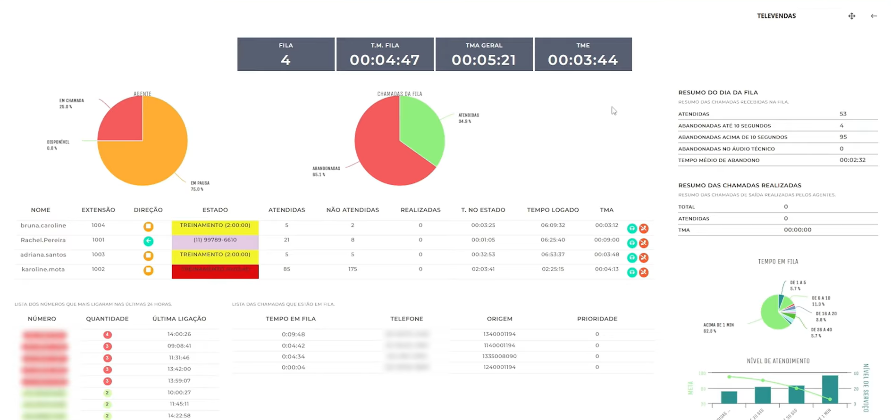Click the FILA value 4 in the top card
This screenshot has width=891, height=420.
click(x=286, y=60)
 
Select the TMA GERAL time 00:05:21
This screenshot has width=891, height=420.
click(x=484, y=60)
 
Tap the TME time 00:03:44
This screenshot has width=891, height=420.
click(x=583, y=60)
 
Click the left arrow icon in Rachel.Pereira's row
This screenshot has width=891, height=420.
click(x=148, y=241)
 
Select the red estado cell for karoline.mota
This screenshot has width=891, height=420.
click(x=215, y=272)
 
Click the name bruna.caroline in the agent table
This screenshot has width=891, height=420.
click(x=43, y=225)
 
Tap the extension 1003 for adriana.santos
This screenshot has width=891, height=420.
click(x=98, y=255)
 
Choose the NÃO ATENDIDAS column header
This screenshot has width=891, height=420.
click(x=353, y=210)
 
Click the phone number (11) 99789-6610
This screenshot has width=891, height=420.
click(x=215, y=240)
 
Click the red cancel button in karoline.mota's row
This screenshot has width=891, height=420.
click(x=644, y=272)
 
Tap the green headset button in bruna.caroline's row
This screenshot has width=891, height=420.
click(x=632, y=229)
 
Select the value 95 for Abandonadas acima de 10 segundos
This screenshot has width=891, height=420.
click(x=843, y=137)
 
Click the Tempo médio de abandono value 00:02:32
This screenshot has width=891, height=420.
click(x=852, y=160)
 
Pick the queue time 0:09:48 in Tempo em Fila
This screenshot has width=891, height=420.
click(x=293, y=334)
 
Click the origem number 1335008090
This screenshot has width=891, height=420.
click(x=499, y=356)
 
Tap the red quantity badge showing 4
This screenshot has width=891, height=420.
click(x=107, y=335)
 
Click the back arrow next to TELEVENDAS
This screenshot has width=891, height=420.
click(x=874, y=16)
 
